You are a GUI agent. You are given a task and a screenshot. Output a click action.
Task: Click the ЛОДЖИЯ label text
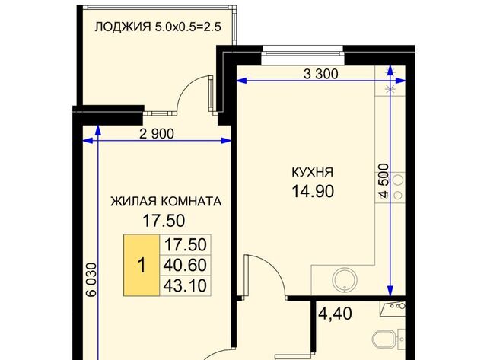(123, 27)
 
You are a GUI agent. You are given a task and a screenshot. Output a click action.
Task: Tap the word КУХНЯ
(313, 172)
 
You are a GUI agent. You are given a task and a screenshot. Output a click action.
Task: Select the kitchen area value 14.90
(313, 191)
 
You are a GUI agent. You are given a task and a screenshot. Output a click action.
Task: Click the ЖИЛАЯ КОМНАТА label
(166, 202)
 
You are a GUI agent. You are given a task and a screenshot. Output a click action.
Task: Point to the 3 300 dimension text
(321, 75)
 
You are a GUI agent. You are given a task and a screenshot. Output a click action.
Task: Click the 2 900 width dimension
(157, 134)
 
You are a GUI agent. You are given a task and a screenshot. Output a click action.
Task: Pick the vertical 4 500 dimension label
(384, 181)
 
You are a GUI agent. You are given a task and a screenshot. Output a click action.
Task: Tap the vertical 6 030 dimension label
(91, 280)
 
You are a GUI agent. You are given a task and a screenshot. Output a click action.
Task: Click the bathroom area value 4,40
(336, 314)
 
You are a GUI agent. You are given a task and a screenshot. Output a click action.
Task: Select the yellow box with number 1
(142, 265)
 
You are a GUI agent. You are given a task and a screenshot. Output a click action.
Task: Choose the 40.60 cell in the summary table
(185, 266)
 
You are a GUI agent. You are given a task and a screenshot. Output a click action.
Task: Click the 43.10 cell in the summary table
(185, 285)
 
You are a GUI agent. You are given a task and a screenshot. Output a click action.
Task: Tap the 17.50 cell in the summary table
(185, 245)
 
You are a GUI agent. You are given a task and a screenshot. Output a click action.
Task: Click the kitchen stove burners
(398, 187)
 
